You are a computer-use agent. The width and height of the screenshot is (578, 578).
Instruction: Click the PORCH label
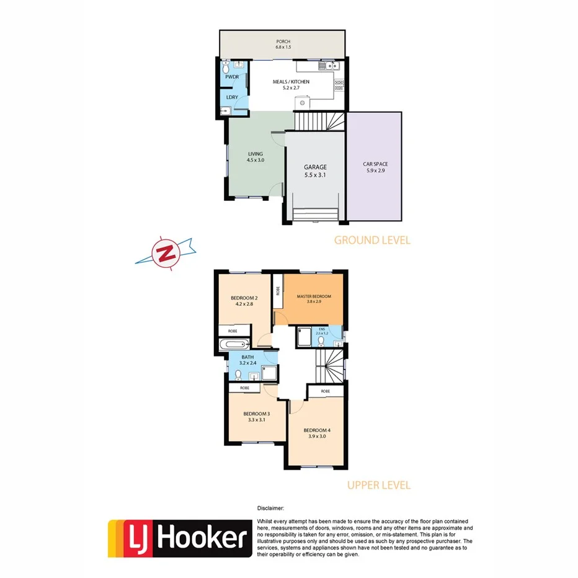click(x=283, y=42)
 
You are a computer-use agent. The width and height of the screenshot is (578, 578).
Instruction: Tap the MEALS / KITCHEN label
click(x=291, y=81)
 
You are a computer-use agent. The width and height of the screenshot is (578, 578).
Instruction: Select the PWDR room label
click(x=232, y=77)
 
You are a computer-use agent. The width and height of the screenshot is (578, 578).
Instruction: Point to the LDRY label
click(x=232, y=97)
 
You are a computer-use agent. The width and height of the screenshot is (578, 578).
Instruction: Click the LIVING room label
click(x=255, y=154)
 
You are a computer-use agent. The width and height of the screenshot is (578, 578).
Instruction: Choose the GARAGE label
click(x=315, y=167)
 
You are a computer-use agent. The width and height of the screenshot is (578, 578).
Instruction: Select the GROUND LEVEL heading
click(x=372, y=240)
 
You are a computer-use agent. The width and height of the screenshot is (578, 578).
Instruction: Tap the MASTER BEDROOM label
click(x=314, y=296)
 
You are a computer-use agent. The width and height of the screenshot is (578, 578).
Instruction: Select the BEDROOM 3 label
click(x=256, y=414)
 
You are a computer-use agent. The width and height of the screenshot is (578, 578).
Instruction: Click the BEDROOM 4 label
click(x=317, y=430)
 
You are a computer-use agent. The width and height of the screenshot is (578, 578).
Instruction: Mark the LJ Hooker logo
click(x=180, y=538)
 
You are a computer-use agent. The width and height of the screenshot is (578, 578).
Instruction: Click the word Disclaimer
click(x=271, y=507)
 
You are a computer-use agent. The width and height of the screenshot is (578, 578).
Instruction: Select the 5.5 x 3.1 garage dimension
click(x=315, y=176)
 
